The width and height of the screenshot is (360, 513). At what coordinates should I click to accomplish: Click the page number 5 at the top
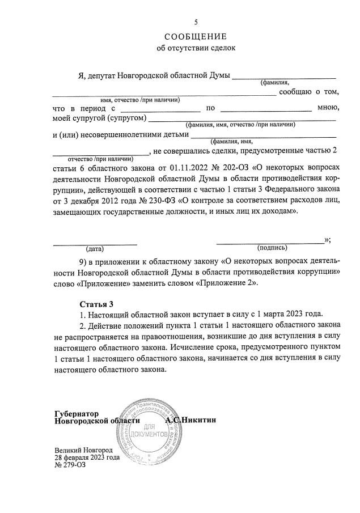click(196, 22)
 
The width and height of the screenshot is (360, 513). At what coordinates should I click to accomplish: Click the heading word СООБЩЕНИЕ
click(195, 36)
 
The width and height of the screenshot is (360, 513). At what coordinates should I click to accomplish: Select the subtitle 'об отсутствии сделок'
click(195, 48)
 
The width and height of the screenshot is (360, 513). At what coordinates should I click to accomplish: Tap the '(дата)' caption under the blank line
click(95, 248)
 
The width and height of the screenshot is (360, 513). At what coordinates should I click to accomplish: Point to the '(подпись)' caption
click(272, 248)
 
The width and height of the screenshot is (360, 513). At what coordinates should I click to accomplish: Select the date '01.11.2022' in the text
click(179, 167)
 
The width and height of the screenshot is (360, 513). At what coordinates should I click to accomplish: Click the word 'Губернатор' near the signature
click(77, 414)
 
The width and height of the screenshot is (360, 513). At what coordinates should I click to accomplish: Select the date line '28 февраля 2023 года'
click(87, 457)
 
